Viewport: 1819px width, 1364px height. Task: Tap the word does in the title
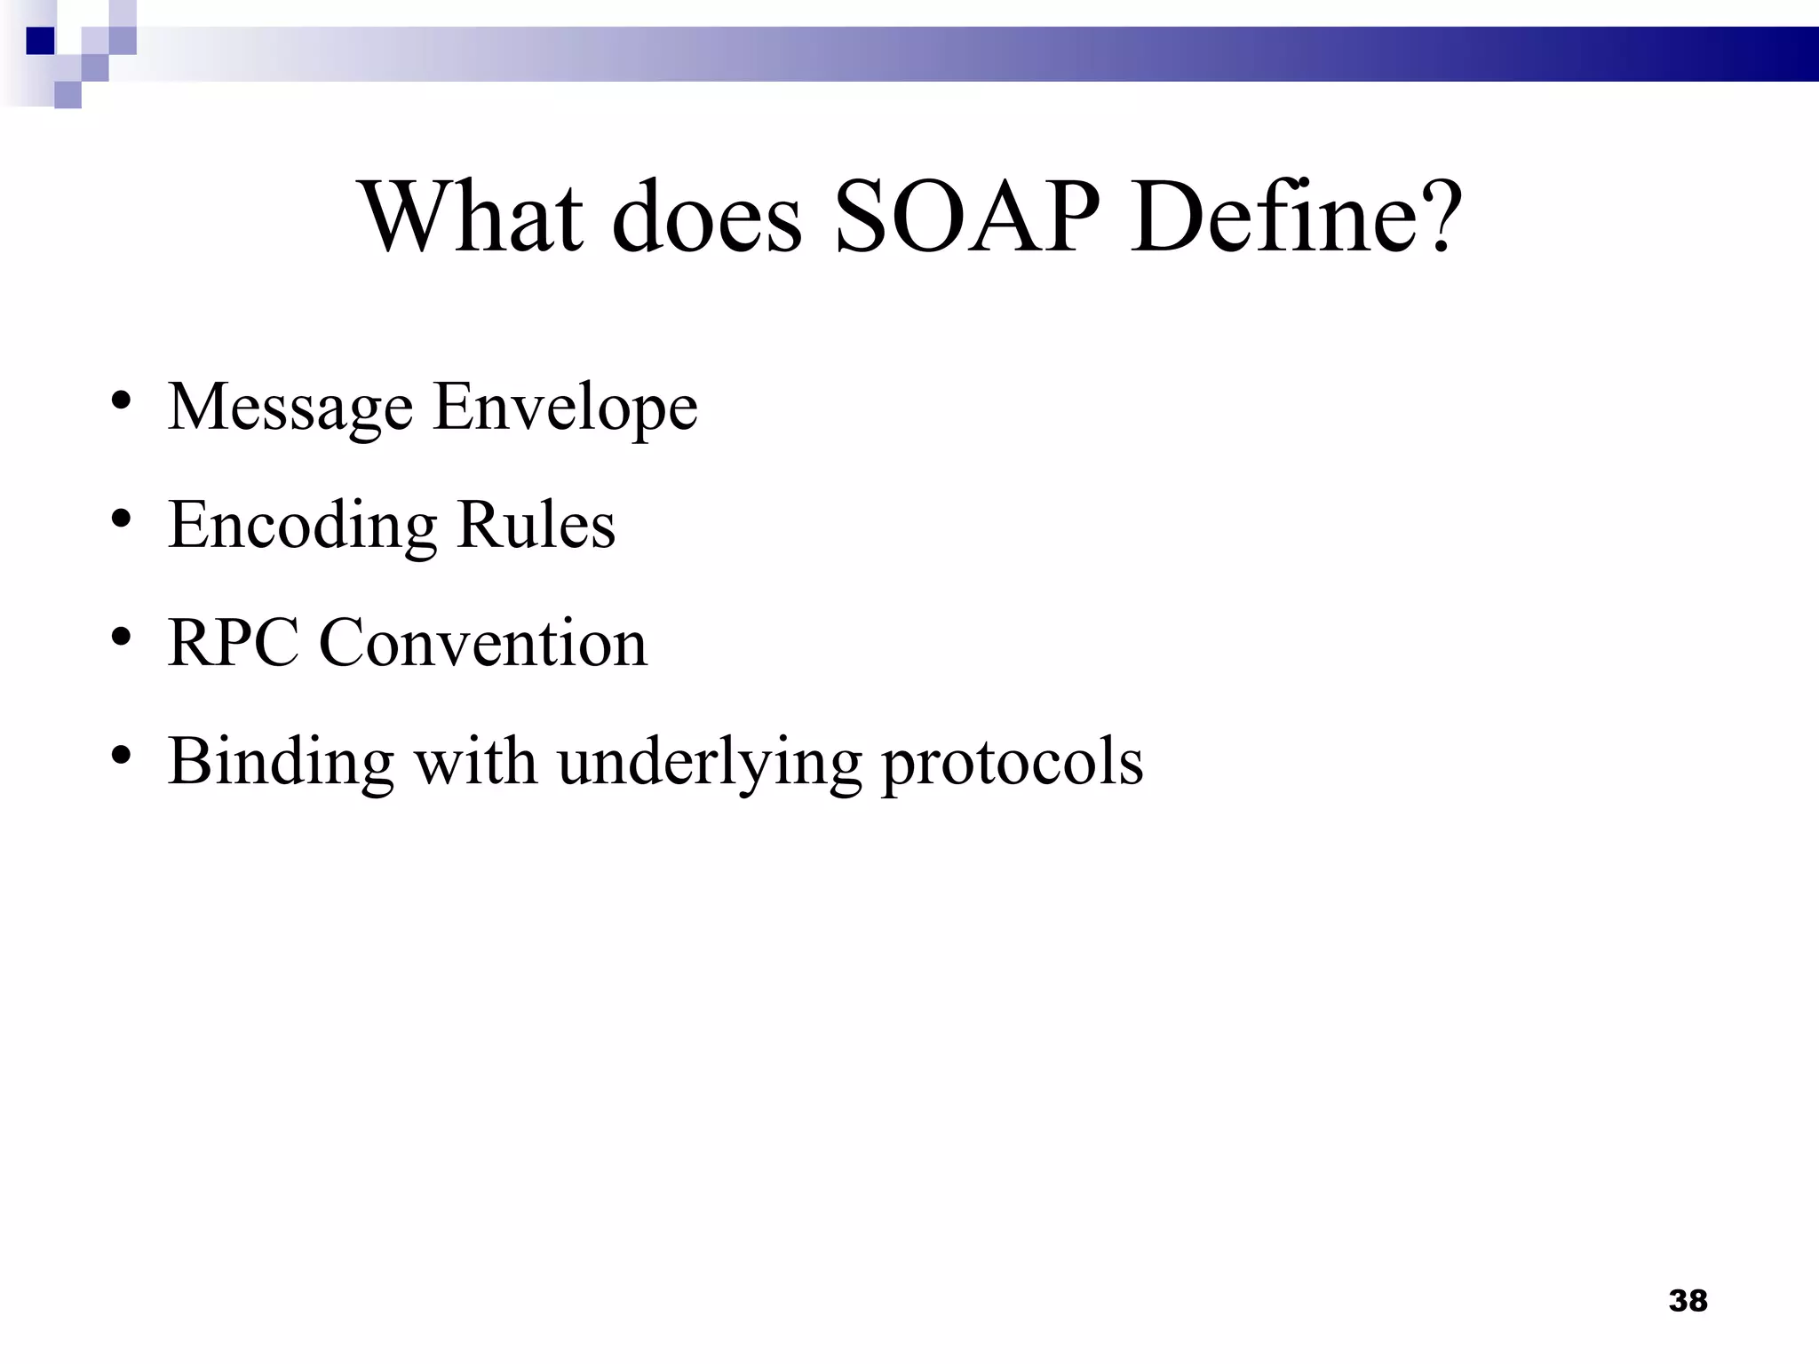click(x=706, y=217)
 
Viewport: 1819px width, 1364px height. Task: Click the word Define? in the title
click(x=1296, y=217)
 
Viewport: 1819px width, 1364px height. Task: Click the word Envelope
click(x=565, y=408)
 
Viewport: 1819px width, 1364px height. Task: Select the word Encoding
click(x=302, y=526)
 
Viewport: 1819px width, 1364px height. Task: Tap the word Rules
click(x=536, y=526)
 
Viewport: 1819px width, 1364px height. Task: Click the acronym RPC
click(x=233, y=643)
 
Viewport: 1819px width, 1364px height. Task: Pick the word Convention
click(x=483, y=643)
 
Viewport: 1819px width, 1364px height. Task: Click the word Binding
click(x=281, y=762)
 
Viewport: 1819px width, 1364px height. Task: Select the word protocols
click(x=1012, y=762)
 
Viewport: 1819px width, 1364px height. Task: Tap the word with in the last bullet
click(x=476, y=762)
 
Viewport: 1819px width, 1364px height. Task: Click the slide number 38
click(x=1688, y=1301)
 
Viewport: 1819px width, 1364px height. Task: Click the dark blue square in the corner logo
click(x=41, y=41)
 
